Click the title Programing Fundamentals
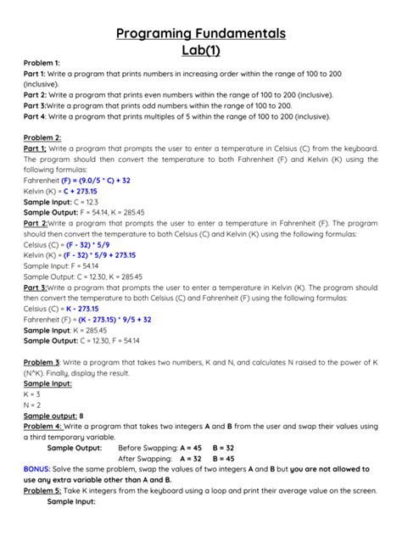click(200, 33)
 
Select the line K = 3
click(32, 394)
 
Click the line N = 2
click(32, 405)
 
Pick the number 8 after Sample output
click(81, 416)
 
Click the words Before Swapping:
click(146, 448)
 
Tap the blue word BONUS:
click(36, 469)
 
